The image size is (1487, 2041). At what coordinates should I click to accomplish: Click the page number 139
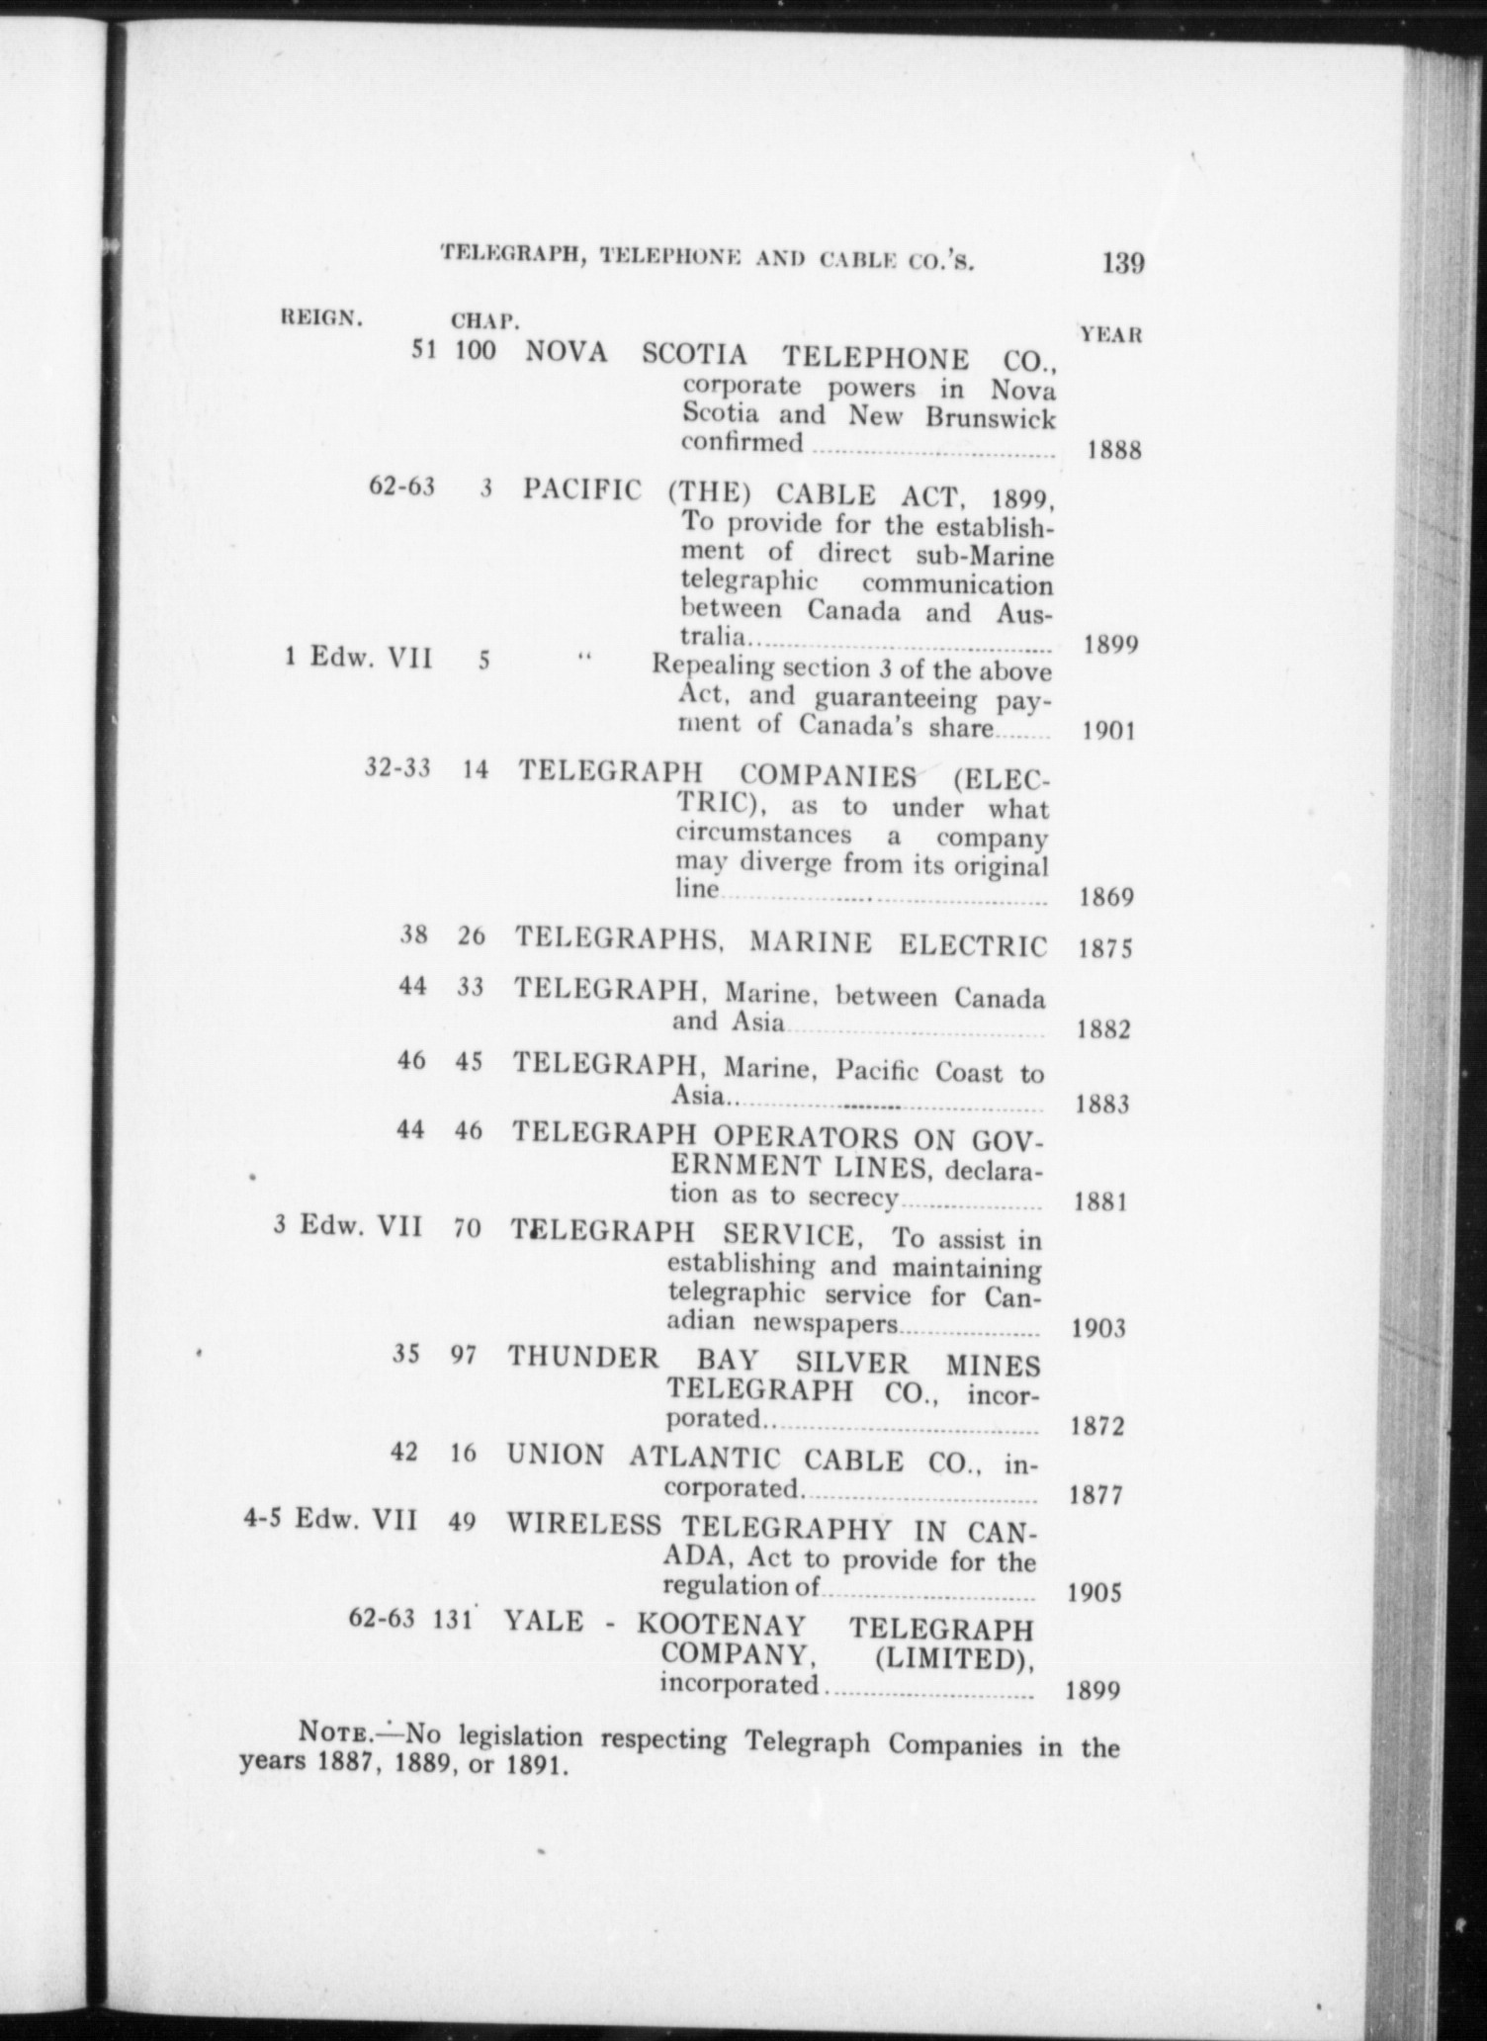(1119, 264)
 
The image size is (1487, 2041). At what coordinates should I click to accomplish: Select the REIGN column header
(322, 317)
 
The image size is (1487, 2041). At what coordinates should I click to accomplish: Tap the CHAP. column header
(484, 321)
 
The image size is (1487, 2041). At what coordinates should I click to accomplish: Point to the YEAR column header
(1111, 334)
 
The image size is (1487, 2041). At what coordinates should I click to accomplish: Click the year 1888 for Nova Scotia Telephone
(1114, 451)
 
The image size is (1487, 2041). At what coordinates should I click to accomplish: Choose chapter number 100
(476, 350)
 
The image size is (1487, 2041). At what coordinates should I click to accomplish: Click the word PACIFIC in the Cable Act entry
(582, 490)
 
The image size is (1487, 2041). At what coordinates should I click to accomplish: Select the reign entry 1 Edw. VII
(358, 657)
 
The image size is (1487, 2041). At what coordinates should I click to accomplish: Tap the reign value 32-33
(397, 768)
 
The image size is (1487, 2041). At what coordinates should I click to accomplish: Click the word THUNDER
(583, 1357)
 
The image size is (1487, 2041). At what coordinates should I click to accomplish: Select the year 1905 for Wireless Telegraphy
(1095, 1593)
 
